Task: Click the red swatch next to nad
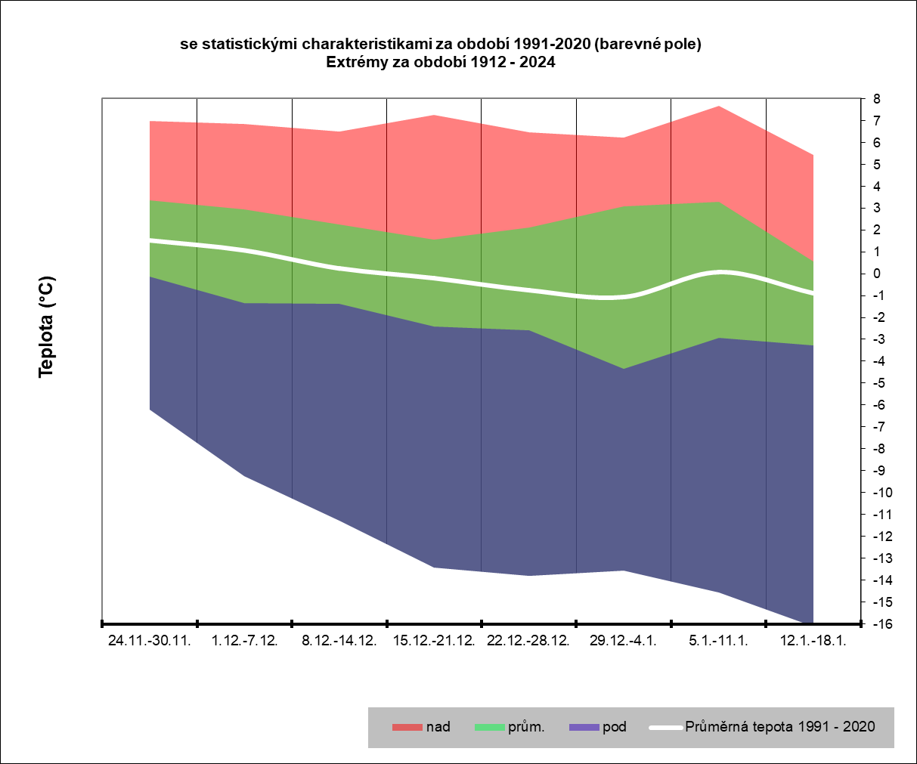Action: [x=407, y=728]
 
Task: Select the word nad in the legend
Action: [x=438, y=727]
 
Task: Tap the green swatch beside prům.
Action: [x=489, y=728]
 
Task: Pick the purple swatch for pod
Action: [x=584, y=728]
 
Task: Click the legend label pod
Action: [x=615, y=727]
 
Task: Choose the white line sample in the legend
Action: [x=665, y=728]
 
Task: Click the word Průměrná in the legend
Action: [x=716, y=727]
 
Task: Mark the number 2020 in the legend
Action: [x=859, y=727]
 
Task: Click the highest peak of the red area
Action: [x=719, y=106]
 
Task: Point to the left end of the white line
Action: [x=150, y=240]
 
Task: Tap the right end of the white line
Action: [x=813, y=293]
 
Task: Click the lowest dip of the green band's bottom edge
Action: [x=624, y=369]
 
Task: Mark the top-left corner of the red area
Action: [x=150, y=121]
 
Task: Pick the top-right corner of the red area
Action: [x=813, y=155]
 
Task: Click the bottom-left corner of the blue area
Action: [x=150, y=410]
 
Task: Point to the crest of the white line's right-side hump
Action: [x=721, y=272]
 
